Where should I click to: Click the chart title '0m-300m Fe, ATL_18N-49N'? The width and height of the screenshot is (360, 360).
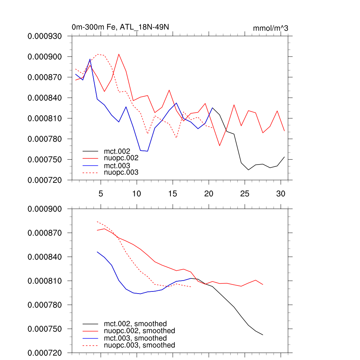[x=122, y=27]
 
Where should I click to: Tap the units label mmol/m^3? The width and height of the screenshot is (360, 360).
[x=270, y=28]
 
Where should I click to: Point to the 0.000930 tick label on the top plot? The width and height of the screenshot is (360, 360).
[x=45, y=36]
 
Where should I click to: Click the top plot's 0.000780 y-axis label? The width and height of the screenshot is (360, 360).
[x=45, y=139]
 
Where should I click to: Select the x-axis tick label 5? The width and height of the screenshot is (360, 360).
[x=101, y=193]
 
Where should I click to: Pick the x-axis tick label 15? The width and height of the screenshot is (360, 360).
[x=173, y=193]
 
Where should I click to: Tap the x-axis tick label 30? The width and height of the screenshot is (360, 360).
[x=281, y=193]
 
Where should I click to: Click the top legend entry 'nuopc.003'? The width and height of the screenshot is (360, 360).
[x=121, y=172]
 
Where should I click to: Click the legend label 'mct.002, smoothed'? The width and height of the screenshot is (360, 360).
[x=135, y=323]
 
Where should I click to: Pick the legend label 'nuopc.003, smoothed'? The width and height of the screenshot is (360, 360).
[x=139, y=345]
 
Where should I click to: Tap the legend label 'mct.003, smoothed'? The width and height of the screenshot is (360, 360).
[x=135, y=338]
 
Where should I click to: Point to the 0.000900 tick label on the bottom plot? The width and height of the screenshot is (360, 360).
[x=45, y=209]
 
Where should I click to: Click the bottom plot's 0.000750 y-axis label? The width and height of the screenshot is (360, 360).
[x=45, y=329]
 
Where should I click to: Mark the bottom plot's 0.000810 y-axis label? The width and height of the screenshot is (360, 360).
[x=45, y=281]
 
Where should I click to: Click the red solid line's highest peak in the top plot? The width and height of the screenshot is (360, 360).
[x=119, y=54]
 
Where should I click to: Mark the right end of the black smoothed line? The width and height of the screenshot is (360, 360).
[x=263, y=335]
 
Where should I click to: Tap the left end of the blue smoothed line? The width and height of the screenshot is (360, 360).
[x=97, y=252]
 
